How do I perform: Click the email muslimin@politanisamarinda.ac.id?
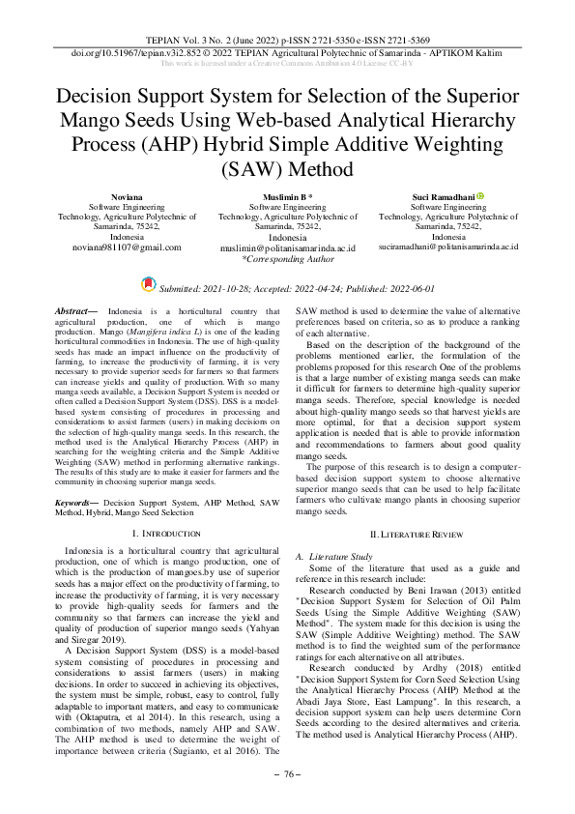point(287,248)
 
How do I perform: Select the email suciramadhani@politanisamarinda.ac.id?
point(448,247)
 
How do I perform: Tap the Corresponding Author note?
point(287,259)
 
